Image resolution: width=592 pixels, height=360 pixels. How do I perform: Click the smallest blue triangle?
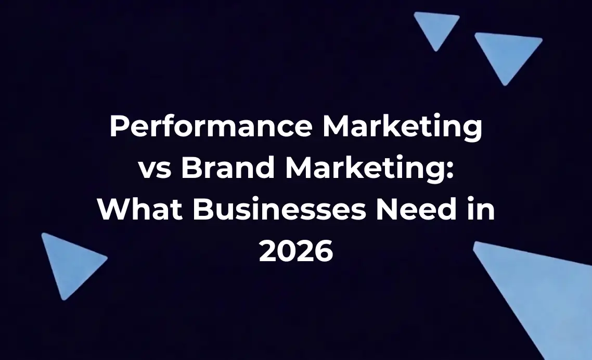[x=436, y=27]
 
